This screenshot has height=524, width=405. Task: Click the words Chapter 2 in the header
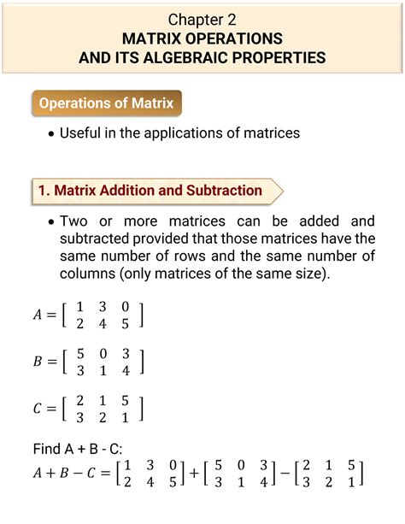(x=202, y=18)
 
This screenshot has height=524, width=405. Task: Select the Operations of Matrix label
(x=108, y=104)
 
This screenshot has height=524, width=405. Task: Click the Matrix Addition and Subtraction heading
(x=150, y=191)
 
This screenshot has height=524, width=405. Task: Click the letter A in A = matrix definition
(x=38, y=315)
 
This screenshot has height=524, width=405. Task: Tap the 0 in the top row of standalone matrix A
(x=126, y=306)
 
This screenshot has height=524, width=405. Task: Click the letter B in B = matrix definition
(x=38, y=362)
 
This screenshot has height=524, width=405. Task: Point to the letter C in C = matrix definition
(x=38, y=409)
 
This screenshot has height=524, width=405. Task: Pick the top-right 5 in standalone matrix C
(x=126, y=399)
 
